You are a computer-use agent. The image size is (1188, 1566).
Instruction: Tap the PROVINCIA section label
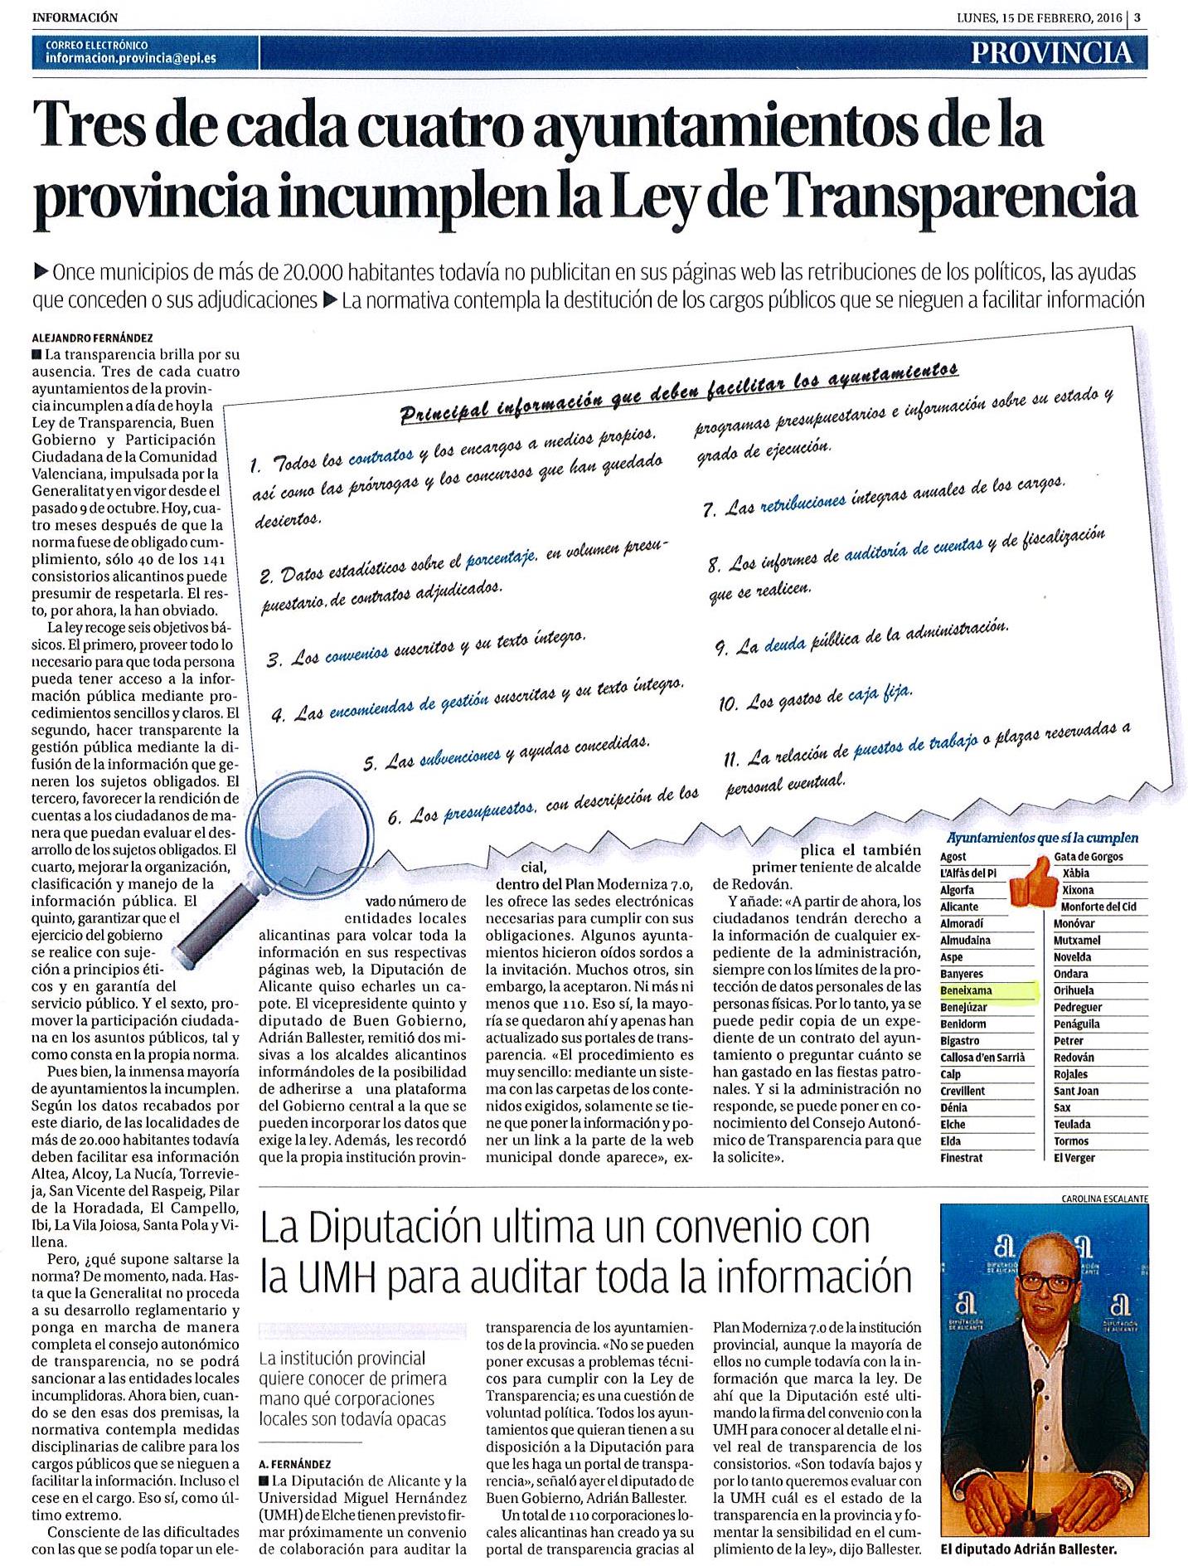(1052, 53)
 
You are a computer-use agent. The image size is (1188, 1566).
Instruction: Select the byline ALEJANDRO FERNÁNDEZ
(92, 338)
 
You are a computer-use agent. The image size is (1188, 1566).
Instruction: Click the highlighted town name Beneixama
(966, 990)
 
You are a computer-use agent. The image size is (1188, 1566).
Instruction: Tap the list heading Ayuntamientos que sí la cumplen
(1042, 839)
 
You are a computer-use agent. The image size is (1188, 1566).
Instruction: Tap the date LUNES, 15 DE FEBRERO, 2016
(1037, 17)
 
